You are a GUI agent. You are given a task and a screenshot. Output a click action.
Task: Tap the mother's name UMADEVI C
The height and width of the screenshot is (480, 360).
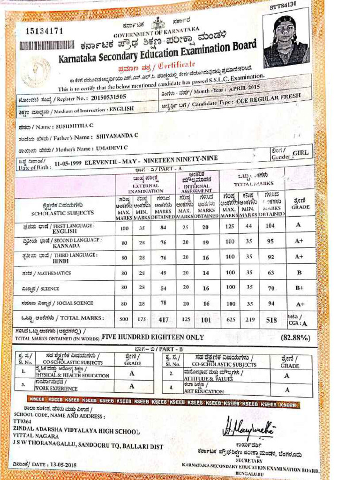click(x=110, y=149)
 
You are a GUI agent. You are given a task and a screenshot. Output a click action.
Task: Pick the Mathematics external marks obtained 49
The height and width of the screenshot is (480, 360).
click(x=163, y=272)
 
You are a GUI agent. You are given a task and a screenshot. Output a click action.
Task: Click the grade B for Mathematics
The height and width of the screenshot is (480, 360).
click(x=299, y=272)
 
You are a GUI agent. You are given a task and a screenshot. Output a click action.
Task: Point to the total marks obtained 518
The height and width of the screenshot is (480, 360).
click(x=270, y=320)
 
